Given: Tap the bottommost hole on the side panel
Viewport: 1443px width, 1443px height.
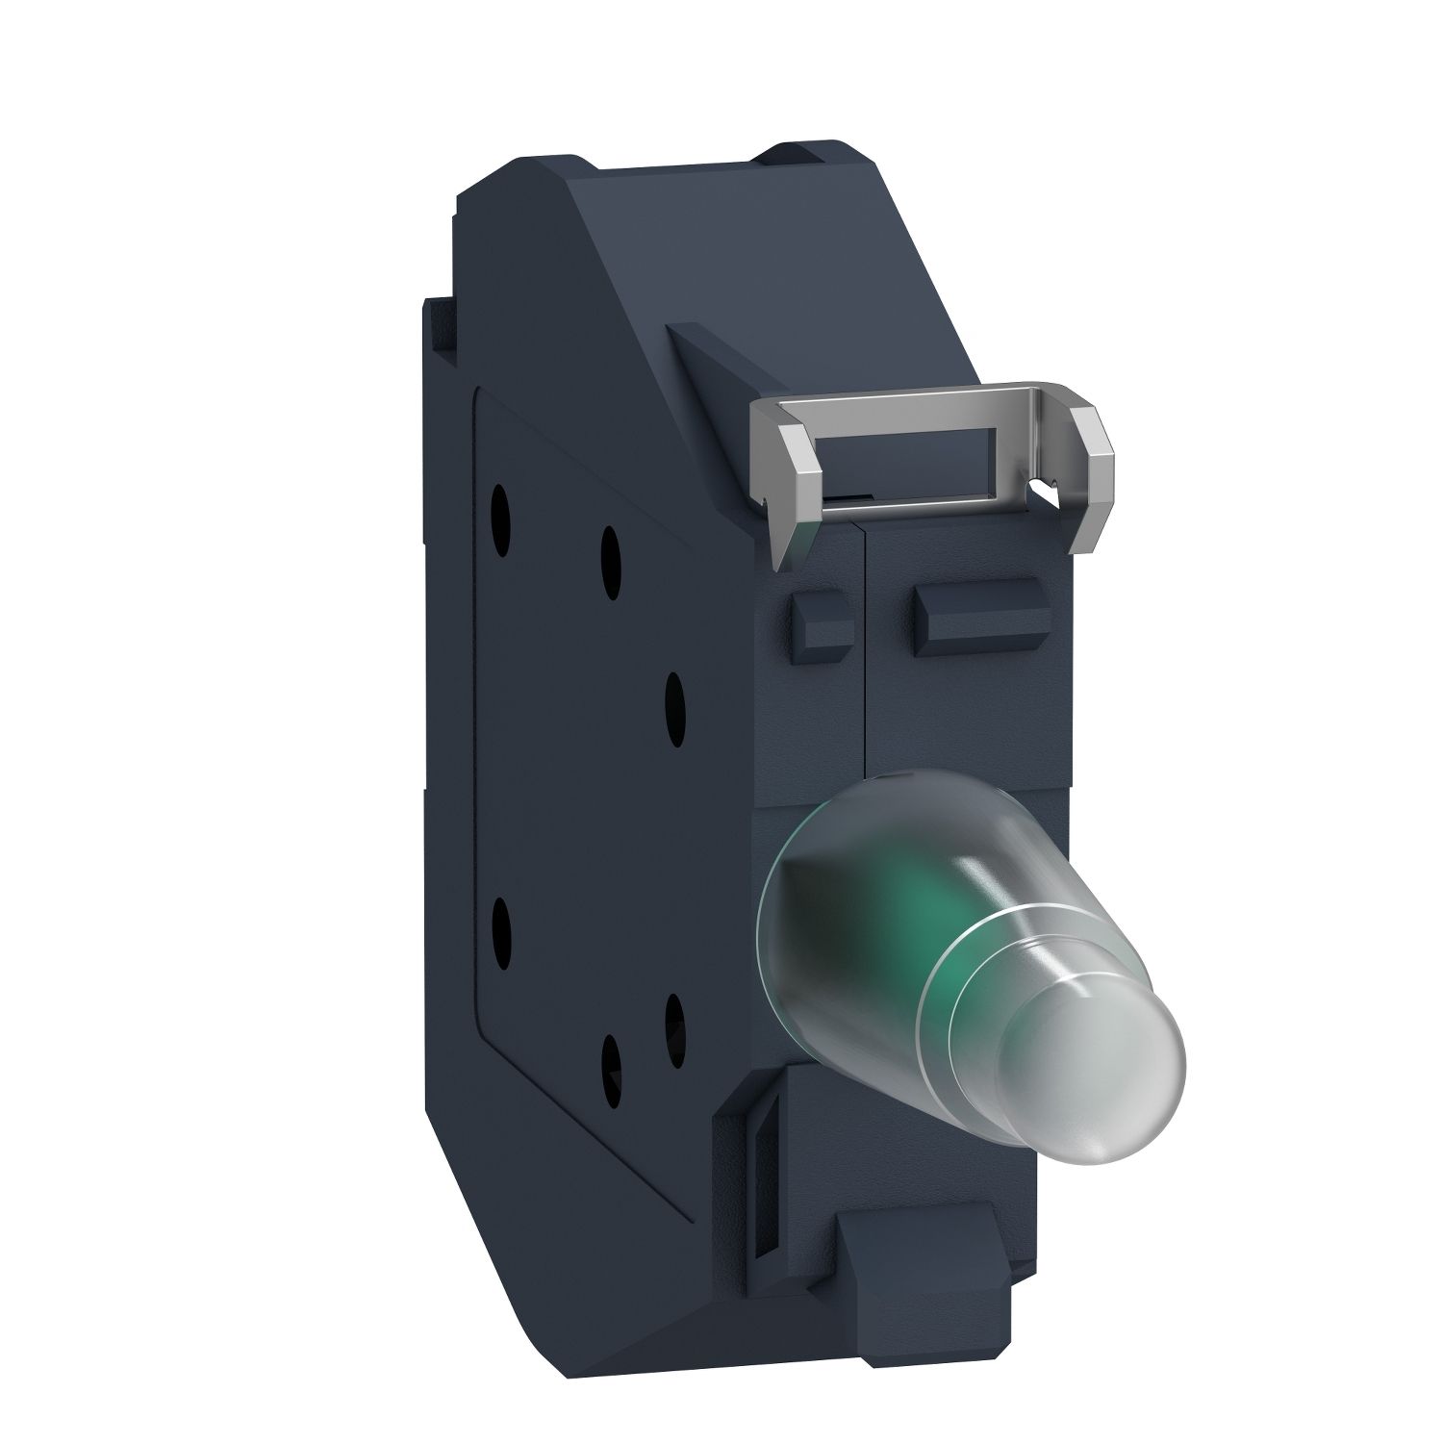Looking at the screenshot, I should (609, 1060).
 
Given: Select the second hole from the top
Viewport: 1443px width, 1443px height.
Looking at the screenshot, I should (610, 550).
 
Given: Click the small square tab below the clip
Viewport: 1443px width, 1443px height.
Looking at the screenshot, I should (820, 626).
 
